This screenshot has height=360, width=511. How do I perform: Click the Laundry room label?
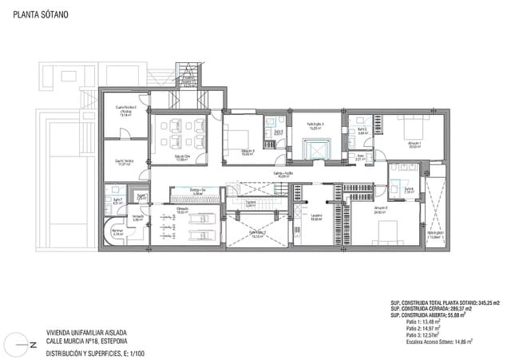pos(316,216)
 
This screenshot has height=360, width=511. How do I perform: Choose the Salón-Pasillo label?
pos(283,173)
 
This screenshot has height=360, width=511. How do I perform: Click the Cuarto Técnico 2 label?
pos(126,109)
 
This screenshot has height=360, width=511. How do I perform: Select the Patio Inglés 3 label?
pos(315,125)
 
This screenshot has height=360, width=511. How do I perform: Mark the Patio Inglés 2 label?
pos(257,233)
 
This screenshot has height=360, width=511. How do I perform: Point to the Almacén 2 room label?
pos(380,210)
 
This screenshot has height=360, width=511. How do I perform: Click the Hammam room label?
pos(117,233)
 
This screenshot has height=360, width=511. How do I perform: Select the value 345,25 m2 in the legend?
pos(486,303)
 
